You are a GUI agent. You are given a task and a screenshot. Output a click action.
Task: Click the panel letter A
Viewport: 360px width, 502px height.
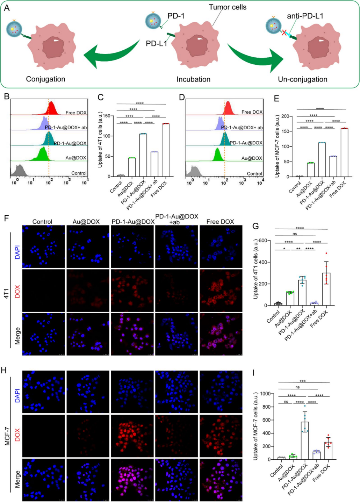click(x=7, y=8)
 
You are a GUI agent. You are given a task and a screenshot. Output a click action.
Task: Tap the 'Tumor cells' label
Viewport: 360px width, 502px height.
click(x=228, y=7)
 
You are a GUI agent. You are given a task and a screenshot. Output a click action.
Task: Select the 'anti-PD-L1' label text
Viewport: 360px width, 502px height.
click(x=305, y=16)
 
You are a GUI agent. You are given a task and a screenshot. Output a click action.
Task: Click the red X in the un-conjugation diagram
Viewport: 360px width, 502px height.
click(x=285, y=33)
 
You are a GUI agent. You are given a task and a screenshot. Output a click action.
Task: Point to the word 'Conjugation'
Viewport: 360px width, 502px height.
click(x=45, y=79)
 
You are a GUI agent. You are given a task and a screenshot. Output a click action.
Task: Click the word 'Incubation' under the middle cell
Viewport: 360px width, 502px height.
click(x=193, y=79)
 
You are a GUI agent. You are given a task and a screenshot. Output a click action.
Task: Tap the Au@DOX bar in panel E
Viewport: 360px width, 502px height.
click(x=311, y=170)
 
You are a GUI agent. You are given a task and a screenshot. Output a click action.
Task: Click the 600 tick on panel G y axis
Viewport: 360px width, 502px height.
click(x=263, y=241)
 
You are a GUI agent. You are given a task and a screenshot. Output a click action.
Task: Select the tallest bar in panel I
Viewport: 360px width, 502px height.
click(x=305, y=440)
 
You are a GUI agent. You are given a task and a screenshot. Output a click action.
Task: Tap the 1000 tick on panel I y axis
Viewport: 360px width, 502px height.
click(x=265, y=394)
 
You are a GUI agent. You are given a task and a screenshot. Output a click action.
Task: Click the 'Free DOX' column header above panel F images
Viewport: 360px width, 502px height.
click(x=220, y=222)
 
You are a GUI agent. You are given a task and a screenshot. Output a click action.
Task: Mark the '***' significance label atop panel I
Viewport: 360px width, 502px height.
click(x=303, y=381)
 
